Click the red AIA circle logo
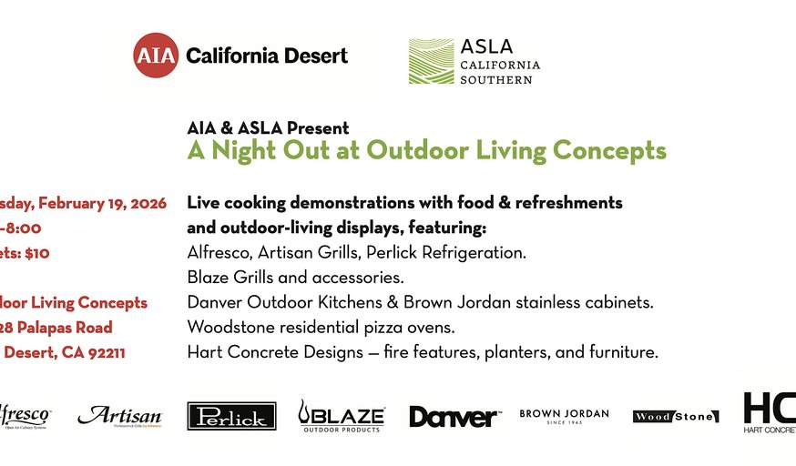[x=154, y=56]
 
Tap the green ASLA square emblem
[x=432, y=61]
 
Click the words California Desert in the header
[x=266, y=56]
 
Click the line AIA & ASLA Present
[x=268, y=128]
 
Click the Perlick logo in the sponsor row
[x=231, y=417]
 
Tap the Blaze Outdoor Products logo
[x=342, y=416]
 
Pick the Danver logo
[x=454, y=417]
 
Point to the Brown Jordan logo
[x=564, y=416]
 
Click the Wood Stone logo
[x=676, y=417]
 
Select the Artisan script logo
[x=119, y=416]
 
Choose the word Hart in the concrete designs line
[x=205, y=351]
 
